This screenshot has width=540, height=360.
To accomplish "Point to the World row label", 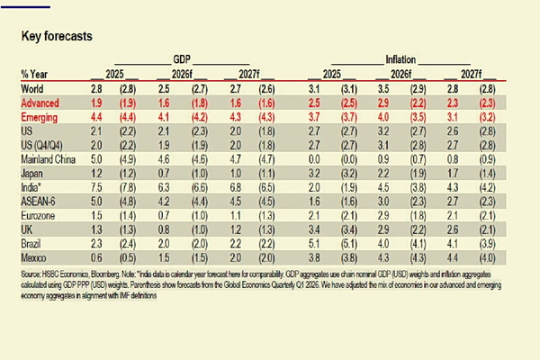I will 32,88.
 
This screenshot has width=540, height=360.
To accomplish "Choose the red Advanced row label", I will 40,103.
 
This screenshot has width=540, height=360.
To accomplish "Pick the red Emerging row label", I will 40,117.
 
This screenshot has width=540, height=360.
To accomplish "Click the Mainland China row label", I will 49,159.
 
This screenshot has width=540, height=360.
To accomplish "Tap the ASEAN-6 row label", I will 40,202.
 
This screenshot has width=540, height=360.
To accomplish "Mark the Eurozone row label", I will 40,216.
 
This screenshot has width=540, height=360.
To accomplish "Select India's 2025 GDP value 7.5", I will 94,187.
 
